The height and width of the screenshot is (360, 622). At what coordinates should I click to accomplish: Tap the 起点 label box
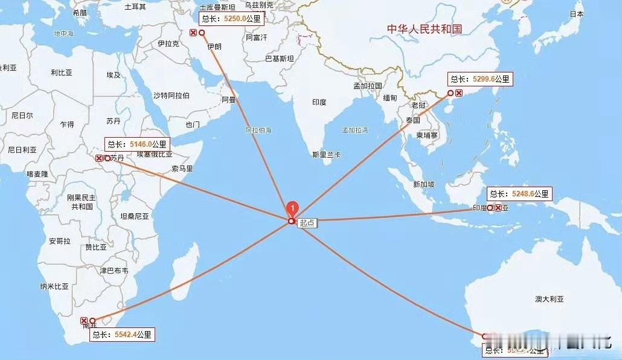307,222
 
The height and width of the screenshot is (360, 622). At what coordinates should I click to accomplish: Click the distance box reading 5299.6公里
479,79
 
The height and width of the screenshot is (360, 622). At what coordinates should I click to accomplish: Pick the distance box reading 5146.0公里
136,144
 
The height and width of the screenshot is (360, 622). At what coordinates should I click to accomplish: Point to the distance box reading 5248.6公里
519,194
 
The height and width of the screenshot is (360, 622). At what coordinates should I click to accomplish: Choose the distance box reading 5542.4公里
123,335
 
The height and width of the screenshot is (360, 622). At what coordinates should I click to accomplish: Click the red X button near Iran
193,33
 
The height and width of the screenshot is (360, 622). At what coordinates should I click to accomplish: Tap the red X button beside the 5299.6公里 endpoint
459,93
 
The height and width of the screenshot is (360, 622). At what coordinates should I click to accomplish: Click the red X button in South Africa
84,321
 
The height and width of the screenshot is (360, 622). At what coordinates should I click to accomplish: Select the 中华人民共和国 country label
424,28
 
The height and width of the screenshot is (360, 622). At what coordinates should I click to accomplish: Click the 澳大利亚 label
549,299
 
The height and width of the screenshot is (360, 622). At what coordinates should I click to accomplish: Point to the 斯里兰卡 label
326,154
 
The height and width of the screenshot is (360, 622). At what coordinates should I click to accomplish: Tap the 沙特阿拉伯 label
171,95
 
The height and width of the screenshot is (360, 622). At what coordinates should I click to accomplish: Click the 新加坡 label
424,184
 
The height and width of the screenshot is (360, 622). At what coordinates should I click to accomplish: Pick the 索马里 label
182,169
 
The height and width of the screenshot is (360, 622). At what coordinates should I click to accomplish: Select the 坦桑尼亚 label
134,216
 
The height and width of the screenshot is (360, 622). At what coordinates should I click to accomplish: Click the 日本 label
577,14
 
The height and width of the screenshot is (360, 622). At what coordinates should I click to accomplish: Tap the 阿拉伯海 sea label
258,130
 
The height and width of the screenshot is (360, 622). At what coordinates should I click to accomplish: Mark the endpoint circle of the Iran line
202,33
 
